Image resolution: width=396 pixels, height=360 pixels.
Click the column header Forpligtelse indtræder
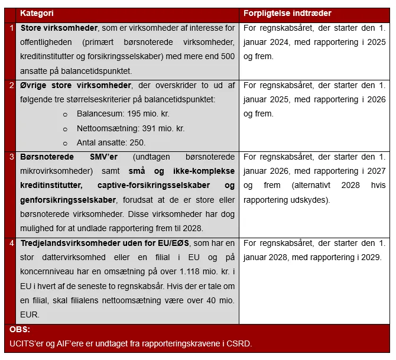point(287,13)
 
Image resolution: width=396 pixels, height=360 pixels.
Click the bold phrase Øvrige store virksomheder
point(76,85)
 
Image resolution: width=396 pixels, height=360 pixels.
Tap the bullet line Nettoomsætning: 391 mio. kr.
point(130,128)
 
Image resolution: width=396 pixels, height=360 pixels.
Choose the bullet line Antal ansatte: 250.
point(111,142)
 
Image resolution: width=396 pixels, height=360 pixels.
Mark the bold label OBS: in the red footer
point(20,330)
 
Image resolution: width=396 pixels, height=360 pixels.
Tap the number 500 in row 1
point(228,57)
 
